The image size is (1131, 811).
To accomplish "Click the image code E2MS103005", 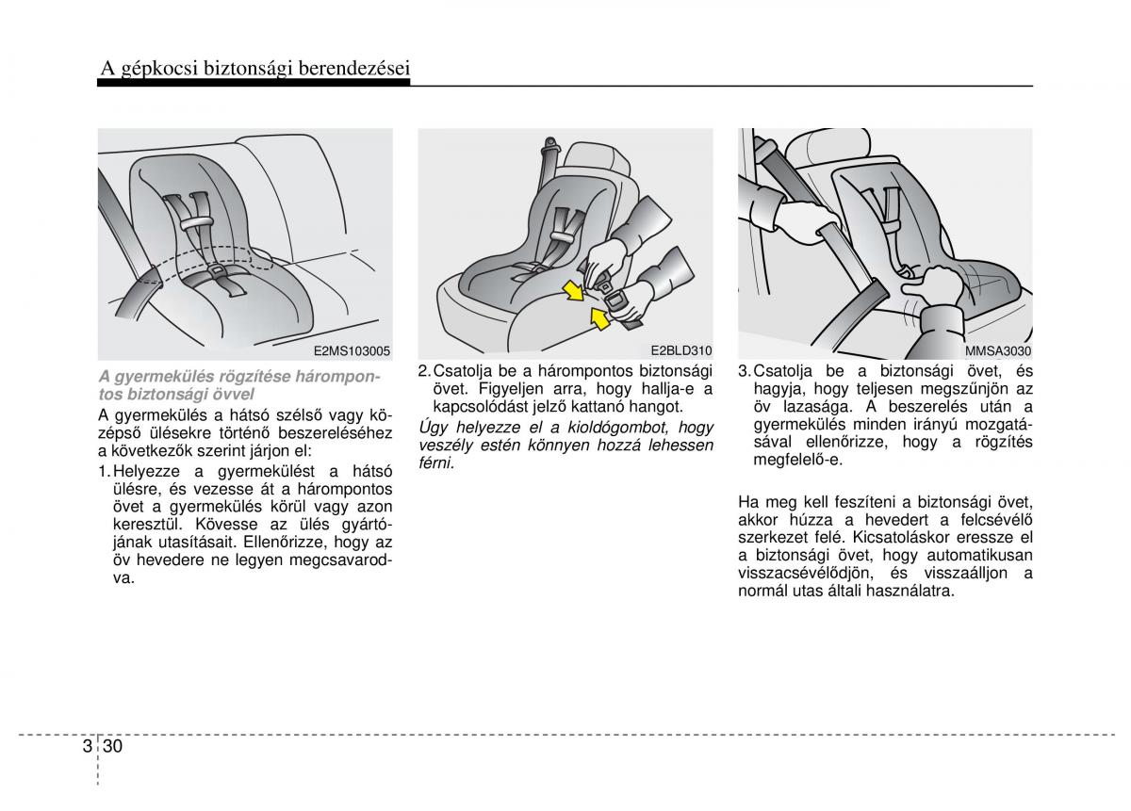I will [x=352, y=352].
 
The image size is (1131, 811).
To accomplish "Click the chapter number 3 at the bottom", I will [x=88, y=746].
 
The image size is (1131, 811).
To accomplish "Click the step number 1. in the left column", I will [x=105, y=470].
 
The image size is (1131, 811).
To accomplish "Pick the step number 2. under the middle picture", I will [x=424, y=371].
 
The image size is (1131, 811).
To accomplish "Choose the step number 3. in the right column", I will [x=745, y=371].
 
